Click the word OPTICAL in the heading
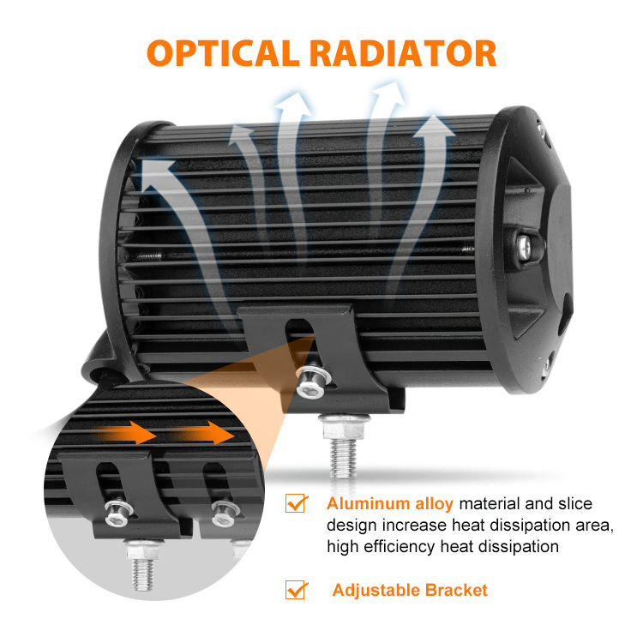click(223, 53)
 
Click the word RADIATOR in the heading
click(403, 53)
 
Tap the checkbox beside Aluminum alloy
click(296, 503)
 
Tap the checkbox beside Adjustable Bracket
click(296, 590)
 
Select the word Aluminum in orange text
click(368, 503)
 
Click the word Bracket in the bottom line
click(456, 590)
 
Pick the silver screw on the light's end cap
click(525, 247)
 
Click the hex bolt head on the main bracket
click(312, 382)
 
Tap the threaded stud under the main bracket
click(343, 459)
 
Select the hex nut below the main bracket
click(344, 426)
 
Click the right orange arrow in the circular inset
click(203, 433)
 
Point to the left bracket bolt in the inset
click(118, 513)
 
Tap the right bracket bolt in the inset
click(225, 514)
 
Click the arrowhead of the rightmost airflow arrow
click(434, 126)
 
